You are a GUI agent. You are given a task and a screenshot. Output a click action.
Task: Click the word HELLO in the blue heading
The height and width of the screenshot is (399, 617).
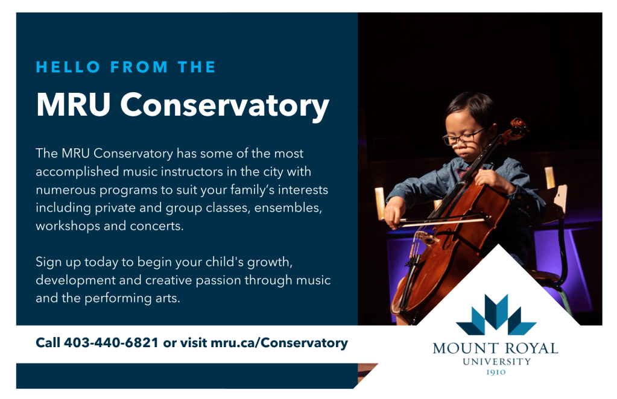68,67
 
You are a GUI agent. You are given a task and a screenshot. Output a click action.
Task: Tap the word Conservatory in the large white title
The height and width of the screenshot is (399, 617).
224,105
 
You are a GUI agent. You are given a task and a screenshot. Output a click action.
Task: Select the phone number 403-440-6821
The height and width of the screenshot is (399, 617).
111,342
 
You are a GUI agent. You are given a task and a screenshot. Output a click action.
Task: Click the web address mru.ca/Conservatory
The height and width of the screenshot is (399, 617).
279,343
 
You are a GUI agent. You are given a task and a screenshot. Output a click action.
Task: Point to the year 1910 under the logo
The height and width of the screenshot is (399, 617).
496,372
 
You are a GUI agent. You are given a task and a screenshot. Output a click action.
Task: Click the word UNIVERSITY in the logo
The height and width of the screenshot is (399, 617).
496,361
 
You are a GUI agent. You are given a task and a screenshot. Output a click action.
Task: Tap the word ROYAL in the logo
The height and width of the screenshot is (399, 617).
531,348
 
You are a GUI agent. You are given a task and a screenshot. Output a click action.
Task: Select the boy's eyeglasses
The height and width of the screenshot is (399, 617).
464,136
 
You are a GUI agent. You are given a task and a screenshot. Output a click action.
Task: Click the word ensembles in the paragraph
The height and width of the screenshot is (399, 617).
288,207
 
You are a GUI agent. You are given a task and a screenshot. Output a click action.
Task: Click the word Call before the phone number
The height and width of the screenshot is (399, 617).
48,342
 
